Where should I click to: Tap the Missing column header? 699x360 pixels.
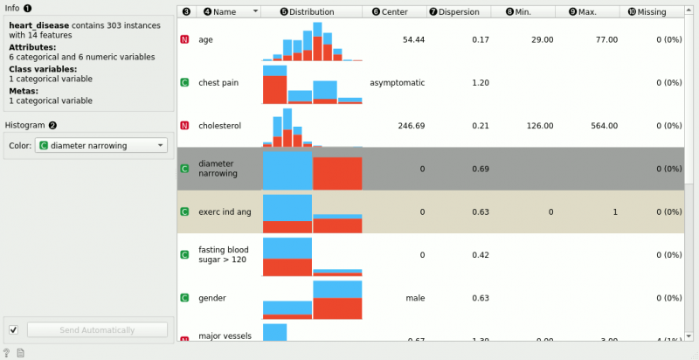coord(647,12)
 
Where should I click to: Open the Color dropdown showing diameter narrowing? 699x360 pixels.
coord(100,145)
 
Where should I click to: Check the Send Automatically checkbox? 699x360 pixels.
coord(13,329)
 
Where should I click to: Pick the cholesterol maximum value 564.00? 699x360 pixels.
coord(603,126)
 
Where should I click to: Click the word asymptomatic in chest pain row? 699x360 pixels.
coord(397,83)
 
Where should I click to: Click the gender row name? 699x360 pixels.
coord(211,298)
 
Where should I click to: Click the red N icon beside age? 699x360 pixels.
coord(185,40)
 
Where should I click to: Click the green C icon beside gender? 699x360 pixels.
coord(185,298)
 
